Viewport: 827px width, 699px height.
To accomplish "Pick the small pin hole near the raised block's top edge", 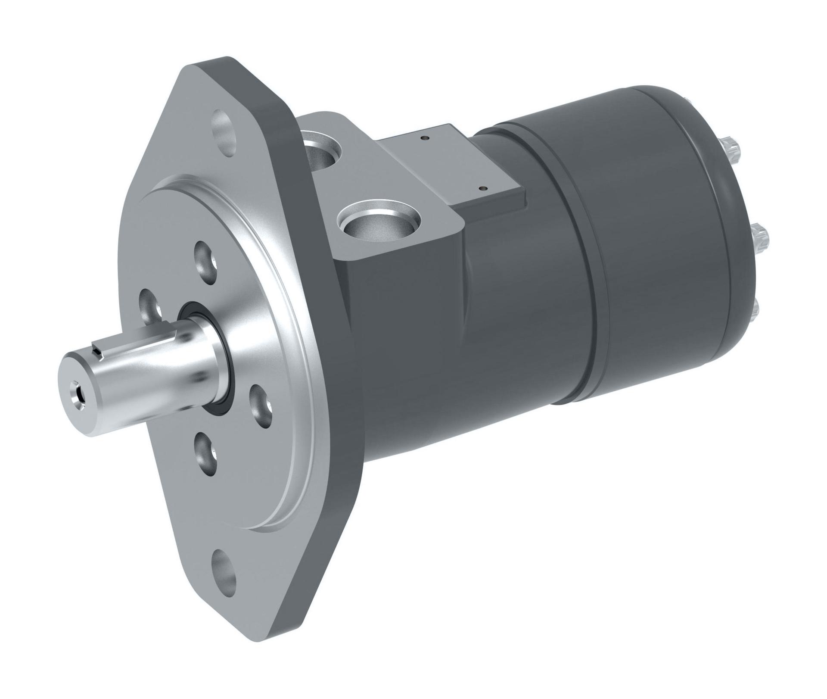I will click(425, 138).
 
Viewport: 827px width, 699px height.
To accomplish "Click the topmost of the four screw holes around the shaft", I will click(205, 262).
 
